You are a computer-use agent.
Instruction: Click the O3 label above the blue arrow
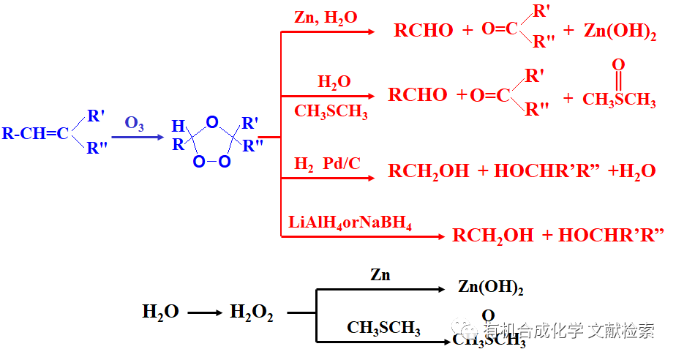(134, 124)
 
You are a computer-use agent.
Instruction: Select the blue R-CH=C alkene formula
(35, 134)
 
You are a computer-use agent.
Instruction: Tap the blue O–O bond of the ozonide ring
(211, 161)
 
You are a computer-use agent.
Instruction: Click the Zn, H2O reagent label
(326, 18)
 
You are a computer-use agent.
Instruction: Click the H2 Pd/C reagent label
(327, 164)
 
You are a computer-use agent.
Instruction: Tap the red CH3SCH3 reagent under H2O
(331, 111)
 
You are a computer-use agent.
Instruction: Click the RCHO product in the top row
(424, 31)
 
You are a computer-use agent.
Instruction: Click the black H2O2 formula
(252, 312)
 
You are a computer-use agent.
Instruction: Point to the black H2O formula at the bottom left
(160, 312)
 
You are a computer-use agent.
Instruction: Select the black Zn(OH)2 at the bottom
(490, 287)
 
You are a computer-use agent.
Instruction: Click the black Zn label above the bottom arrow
(380, 276)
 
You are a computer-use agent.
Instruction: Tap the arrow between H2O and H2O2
(204, 313)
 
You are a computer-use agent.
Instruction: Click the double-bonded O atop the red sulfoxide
(618, 65)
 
